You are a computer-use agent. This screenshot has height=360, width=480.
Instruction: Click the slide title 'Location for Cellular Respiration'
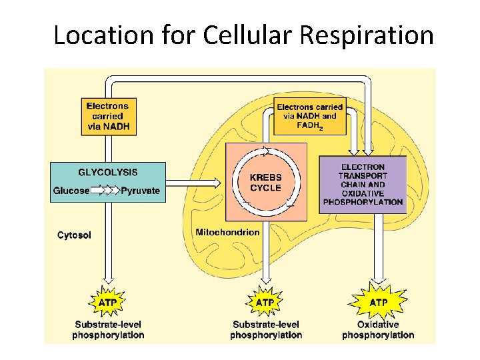pos(243,35)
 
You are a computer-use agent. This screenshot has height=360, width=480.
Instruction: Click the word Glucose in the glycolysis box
pos(71,191)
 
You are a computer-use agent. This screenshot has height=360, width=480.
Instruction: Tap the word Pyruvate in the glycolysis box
pos(141,191)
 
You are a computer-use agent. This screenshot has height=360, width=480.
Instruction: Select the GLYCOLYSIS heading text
pos(108,172)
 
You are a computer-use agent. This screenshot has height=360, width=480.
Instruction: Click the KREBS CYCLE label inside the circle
pos(265,183)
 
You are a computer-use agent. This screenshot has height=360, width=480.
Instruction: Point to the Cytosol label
pos(74,235)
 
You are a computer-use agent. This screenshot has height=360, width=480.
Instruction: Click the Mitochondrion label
pos(227,232)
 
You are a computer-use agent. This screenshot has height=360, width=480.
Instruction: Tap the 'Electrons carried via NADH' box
pos(108,117)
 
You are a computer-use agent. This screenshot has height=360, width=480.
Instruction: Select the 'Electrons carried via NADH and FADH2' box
pos(310,116)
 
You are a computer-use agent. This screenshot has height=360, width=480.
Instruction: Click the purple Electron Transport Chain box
pos(363,184)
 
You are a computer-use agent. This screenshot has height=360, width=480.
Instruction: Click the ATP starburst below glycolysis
pos(108,303)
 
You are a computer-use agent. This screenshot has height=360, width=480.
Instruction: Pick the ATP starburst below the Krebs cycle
pos(265,303)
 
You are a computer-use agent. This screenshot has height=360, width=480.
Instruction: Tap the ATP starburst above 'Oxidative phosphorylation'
pos(379,303)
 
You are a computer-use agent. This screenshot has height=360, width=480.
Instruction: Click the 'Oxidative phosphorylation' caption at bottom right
pos(378,330)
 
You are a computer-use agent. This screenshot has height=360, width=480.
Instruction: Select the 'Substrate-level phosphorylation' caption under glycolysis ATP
pos(108,330)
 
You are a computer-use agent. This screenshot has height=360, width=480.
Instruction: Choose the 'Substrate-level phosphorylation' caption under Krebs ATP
pos(265,330)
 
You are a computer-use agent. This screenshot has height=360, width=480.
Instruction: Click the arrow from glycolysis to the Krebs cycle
pos(193,181)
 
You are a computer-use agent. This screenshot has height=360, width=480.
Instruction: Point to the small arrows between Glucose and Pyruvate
pos(105,191)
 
